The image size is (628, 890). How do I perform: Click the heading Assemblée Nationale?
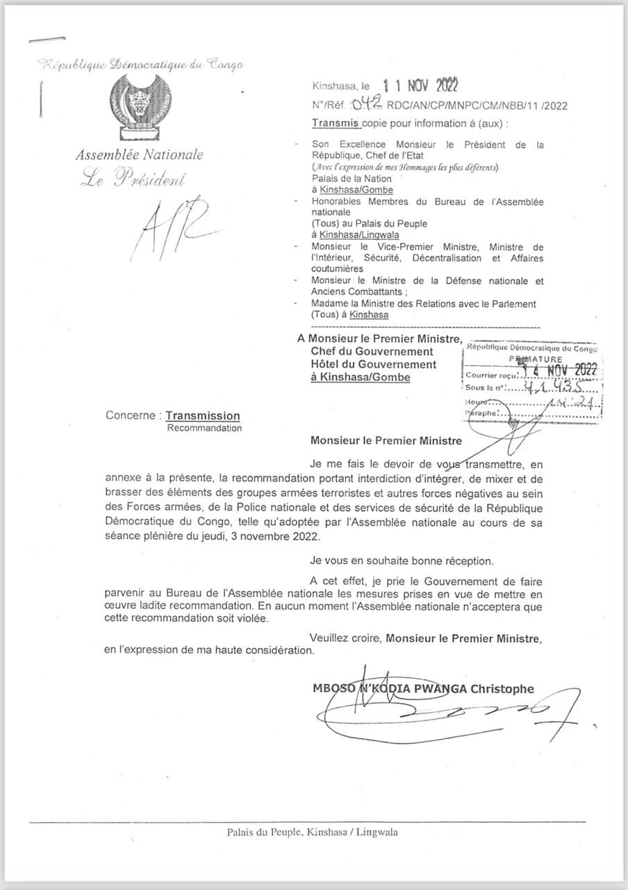click(139, 155)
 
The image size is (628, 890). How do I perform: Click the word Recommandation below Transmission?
click(204, 428)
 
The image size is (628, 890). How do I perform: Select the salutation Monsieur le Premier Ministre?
click(386, 439)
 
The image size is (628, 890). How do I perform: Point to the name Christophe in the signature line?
click(504, 689)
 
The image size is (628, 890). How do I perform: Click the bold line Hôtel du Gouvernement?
click(373, 364)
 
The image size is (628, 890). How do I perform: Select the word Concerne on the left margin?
click(131, 416)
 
